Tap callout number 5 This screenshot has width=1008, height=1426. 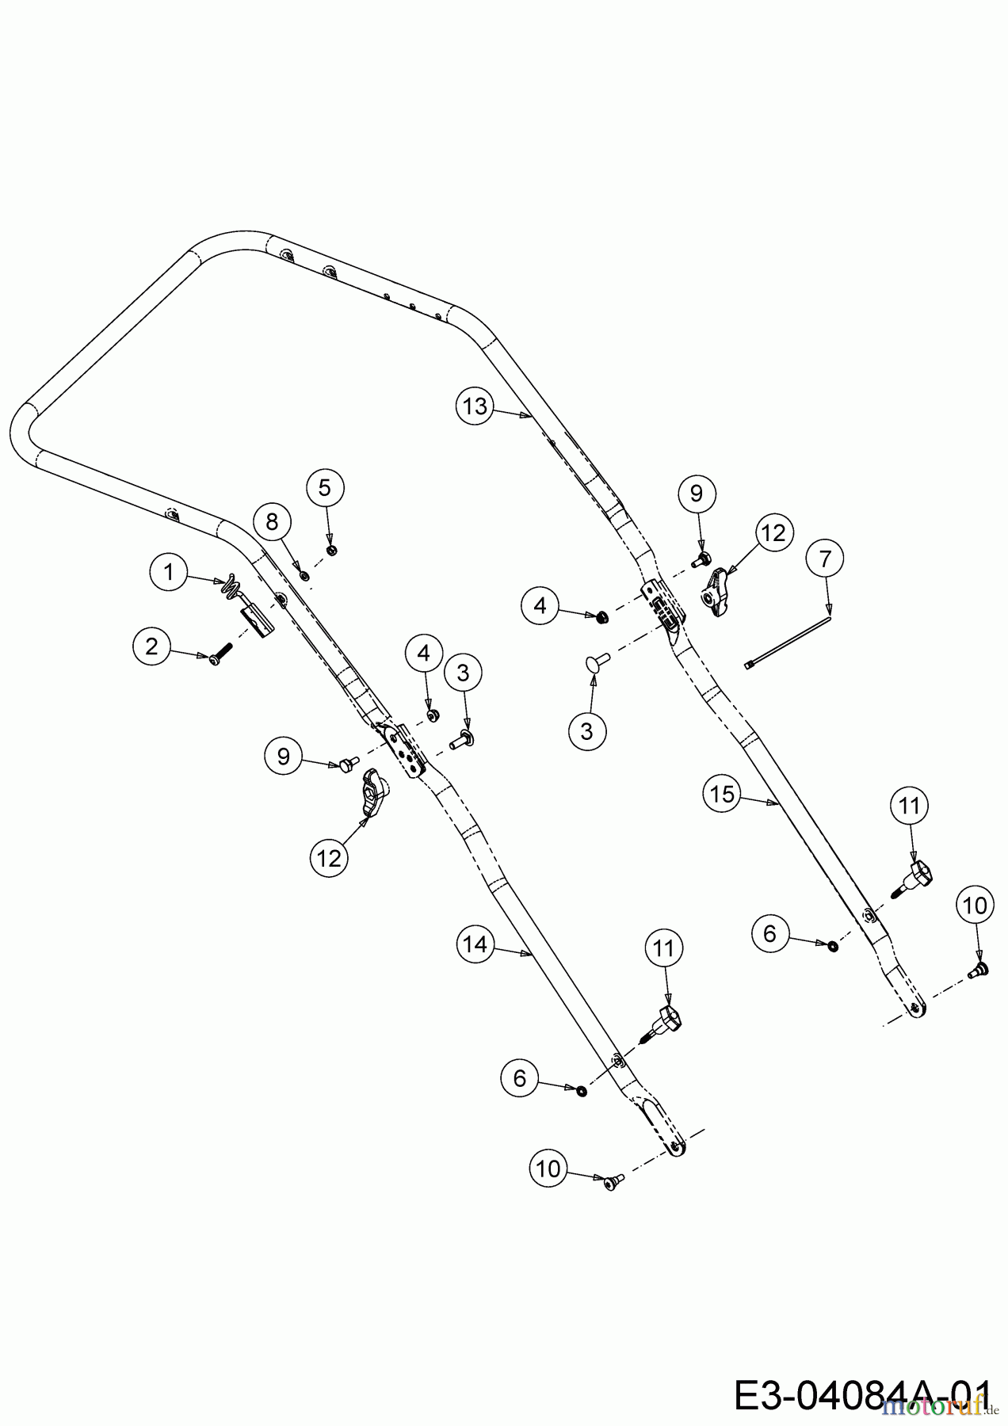point(325,488)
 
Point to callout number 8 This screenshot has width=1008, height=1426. point(273,521)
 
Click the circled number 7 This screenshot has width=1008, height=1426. point(825,559)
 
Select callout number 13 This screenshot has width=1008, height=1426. point(475,406)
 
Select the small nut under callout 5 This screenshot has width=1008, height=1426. point(332,550)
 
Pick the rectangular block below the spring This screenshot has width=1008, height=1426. point(258,620)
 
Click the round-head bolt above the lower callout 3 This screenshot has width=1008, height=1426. point(598,659)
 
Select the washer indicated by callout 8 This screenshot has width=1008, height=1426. point(304,572)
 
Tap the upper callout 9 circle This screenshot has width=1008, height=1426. point(697,494)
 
